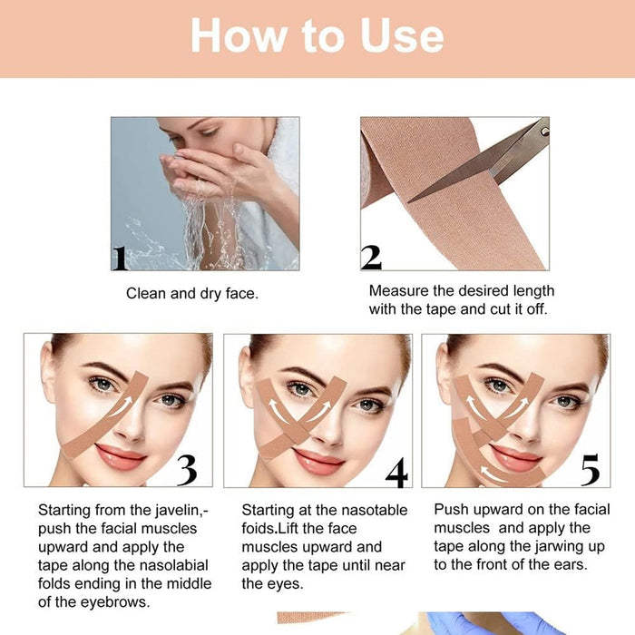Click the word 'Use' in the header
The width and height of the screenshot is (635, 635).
click(402, 35)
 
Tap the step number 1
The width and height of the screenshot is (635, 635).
click(120, 259)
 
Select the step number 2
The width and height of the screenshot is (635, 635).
click(371, 257)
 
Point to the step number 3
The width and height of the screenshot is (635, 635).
click(187, 470)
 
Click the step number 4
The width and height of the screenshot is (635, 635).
click(396, 473)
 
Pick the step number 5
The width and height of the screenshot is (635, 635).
click(590, 470)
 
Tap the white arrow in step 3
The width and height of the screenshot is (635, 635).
click(122, 406)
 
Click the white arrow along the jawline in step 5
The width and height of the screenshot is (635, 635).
click(494, 473)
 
